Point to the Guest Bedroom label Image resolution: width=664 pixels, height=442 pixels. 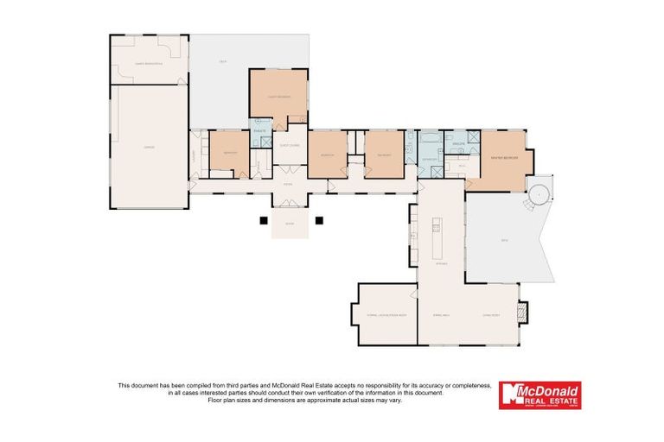[x=278, y=97]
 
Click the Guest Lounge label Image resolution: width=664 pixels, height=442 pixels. [x=289, y=146]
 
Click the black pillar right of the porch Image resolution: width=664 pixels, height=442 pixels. [x=319, y=220]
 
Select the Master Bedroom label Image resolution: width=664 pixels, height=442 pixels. [x=504, y=159]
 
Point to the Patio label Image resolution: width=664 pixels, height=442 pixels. [x=506, y=240]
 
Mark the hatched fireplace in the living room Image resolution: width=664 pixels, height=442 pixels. [x=521, y=313]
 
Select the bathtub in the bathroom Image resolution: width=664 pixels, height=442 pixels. [x=430, y=138]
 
